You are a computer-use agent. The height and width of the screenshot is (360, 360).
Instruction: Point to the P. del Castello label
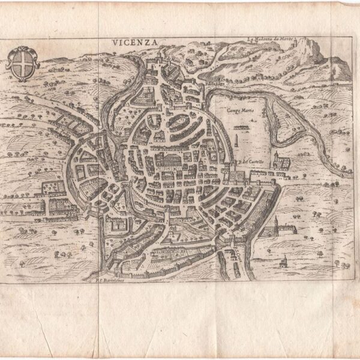[246, 161]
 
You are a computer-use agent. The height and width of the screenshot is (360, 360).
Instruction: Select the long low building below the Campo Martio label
[241, 127]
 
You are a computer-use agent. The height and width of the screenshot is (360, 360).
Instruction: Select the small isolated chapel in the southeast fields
[284, 260]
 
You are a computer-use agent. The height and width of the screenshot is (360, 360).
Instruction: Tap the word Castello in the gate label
[250, 161]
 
